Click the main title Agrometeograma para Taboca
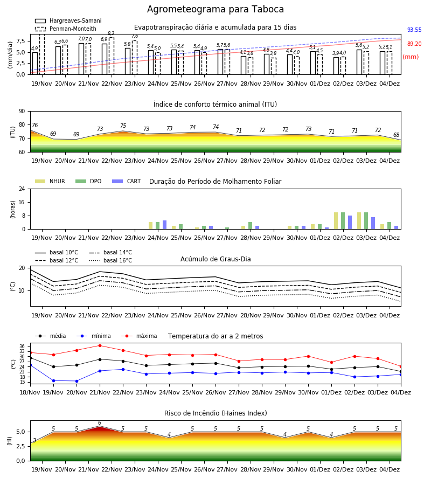215,9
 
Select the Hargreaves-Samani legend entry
68,20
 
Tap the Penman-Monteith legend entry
66,29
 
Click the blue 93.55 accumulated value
414,30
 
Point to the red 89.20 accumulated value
414,44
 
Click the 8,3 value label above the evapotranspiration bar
111,33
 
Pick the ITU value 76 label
34,125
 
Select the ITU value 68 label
396,135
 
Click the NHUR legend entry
50,181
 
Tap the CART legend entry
127,181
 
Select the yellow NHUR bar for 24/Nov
150,225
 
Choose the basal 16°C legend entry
110,260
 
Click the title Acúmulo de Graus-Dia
215,259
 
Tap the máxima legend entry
140,336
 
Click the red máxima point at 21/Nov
100,345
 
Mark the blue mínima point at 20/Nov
77,381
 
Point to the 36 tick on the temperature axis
22,347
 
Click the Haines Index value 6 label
100,423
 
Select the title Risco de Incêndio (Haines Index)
215,413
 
